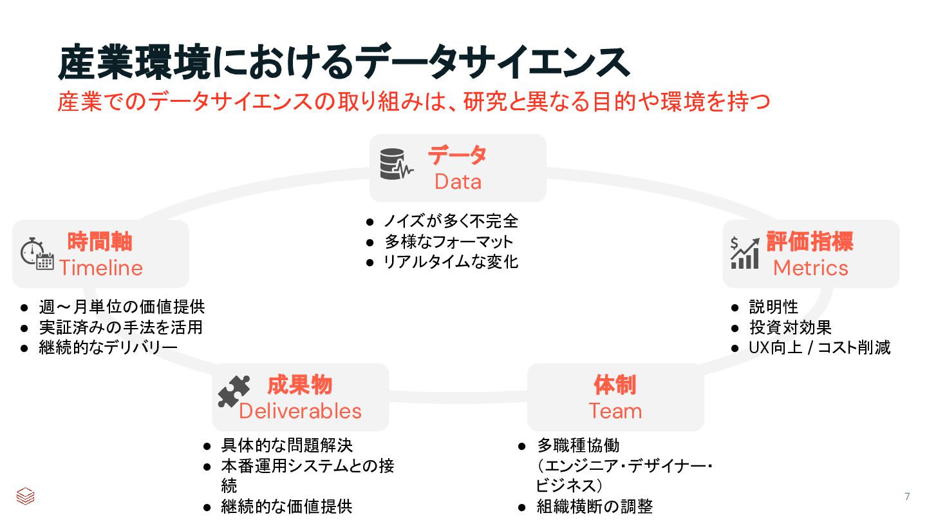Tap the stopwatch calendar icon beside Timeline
click(x=36, y=253)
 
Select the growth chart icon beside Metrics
click(x=744, y=253)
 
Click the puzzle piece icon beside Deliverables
click(x=234, y=391)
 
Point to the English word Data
click(x=458, y=182)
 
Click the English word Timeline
click(x=101, y=267)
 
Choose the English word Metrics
click(x=810, y=267)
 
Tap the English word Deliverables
click(x=300, y=411)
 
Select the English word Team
click(x=615, y=411)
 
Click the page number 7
click(x=907, y=496)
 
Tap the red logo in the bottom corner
click(x=25, y=496)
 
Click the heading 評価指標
click(x=810, y=242)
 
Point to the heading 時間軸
click(x=100, y=242)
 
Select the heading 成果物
click(x=299, y=385)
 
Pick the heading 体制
click(x=615, y=385)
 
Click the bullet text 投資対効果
click(x=791, y=327)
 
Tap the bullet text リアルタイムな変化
click(x=451, y=262)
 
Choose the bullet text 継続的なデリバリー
click(x=108, y=348)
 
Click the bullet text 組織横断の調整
click(x=595, y=507)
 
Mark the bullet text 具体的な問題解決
click(x=286, y=445)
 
